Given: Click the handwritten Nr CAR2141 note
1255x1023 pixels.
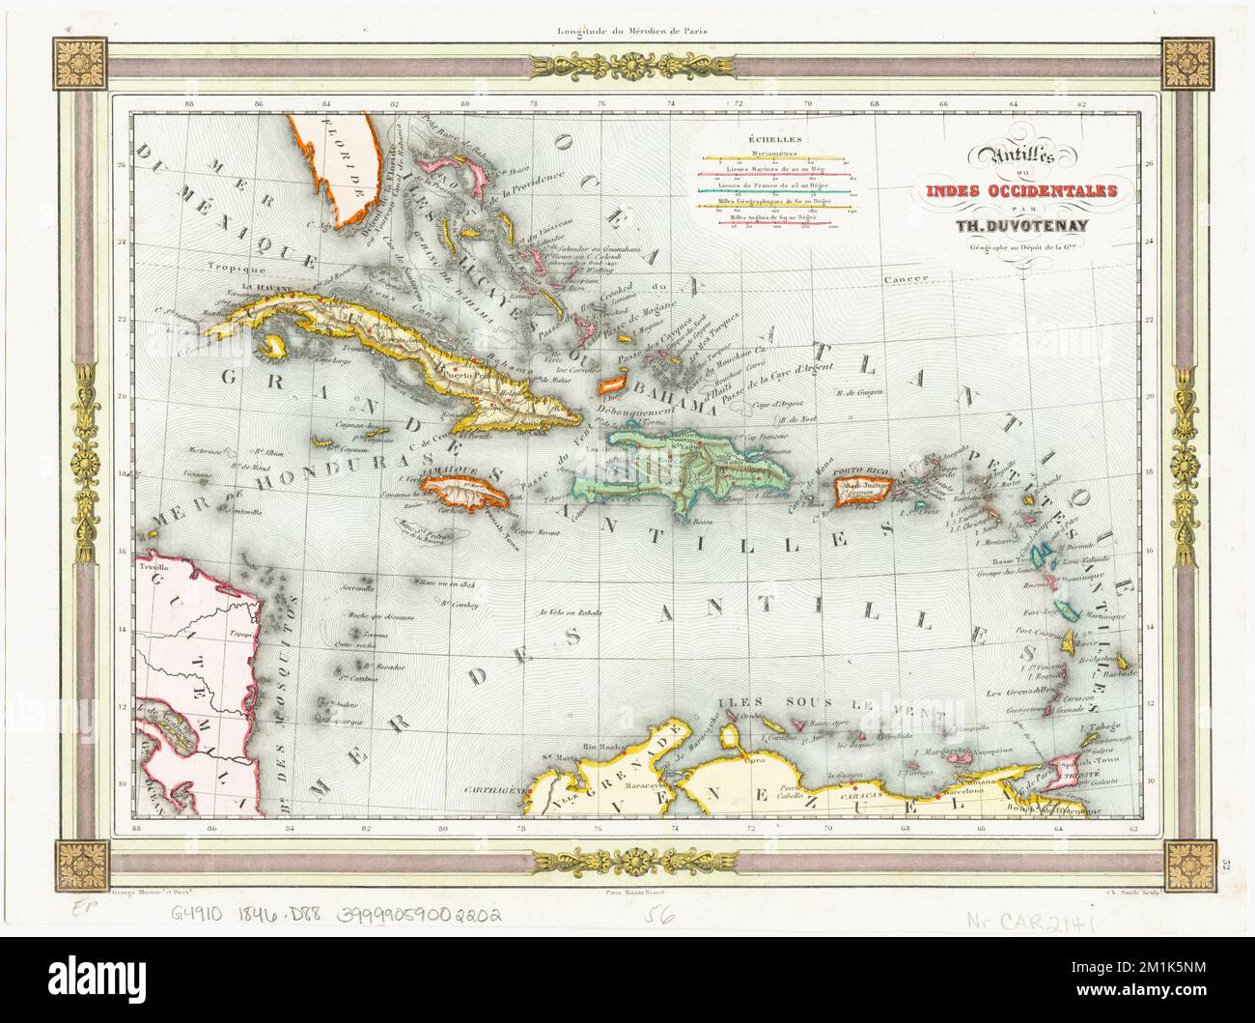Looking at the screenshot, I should [1031, 919].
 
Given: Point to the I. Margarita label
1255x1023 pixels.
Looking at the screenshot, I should [914, 751].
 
